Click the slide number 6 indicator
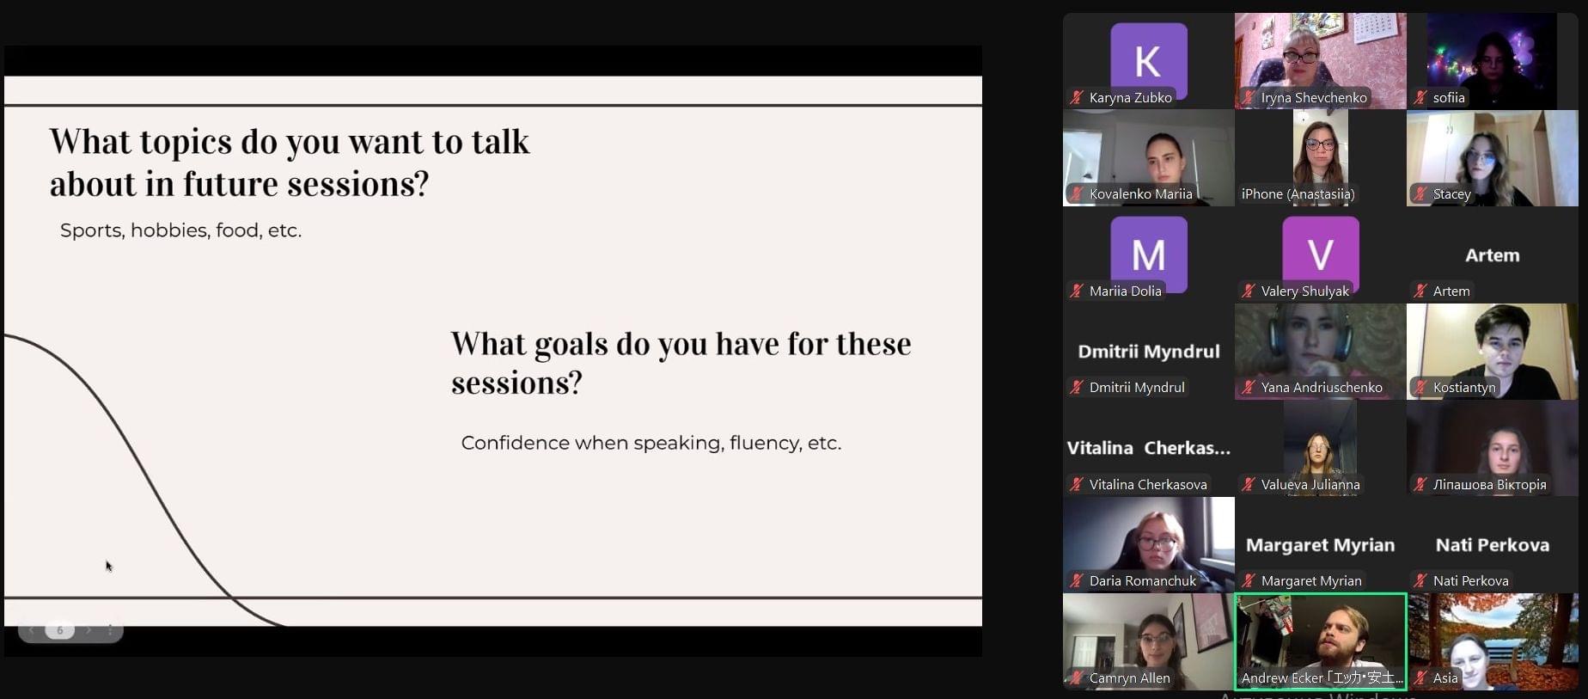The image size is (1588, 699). [59, 630]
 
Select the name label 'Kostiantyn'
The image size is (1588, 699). [1464, 388]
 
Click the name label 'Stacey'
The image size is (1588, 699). [1452, 194]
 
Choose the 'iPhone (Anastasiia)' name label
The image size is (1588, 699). [1298, 194]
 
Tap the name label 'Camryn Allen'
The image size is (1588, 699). [1129, 678]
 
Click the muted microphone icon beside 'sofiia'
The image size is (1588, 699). [1420, 97]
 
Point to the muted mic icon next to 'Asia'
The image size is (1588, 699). [1420, 678]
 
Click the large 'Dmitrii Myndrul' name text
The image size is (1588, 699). [1149, 351]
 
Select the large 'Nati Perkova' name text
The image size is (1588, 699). [1493, 544]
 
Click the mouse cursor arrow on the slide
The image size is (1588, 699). [109, 566]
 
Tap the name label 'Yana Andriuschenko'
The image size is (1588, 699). [1322, 388]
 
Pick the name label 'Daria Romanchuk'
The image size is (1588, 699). [1142, 581]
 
